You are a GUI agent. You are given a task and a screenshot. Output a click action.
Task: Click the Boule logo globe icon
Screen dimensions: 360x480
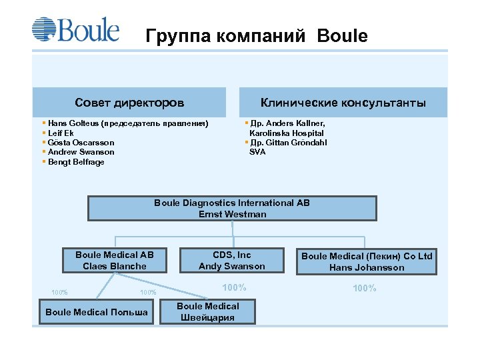(44, 30)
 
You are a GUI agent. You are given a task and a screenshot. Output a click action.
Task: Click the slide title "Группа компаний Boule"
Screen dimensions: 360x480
(256, 36)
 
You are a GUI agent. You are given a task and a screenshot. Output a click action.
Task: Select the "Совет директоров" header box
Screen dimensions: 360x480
(129, 103)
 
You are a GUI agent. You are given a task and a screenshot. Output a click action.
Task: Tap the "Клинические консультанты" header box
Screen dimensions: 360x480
(343, 103)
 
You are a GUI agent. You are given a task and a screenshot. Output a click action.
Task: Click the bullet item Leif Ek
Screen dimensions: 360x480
(61, 133)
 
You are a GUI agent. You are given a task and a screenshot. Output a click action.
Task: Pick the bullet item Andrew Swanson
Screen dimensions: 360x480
(81, 152)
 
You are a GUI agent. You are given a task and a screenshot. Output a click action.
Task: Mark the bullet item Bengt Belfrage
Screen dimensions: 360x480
(76, 162)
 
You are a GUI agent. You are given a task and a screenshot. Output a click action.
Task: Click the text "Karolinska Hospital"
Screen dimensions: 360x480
(287, 133)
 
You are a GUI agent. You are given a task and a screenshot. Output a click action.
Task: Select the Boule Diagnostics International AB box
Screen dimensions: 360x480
(232, 208)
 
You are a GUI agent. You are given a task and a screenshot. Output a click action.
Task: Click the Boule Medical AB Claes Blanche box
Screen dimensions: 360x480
(115, 261)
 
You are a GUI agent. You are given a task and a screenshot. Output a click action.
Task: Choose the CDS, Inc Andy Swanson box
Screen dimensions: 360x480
(231, 261)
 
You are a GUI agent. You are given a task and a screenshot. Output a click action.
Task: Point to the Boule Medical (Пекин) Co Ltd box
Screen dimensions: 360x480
(367, 261)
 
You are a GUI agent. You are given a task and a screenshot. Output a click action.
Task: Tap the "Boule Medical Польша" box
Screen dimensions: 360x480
(97, 312)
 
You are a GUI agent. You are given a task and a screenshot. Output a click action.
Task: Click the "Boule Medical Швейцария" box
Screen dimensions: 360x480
(208, 311)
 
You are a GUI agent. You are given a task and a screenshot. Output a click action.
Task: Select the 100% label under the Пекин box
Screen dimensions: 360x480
(364, 288)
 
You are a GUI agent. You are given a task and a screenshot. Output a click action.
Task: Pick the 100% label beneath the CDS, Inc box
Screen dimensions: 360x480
(234, 287)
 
